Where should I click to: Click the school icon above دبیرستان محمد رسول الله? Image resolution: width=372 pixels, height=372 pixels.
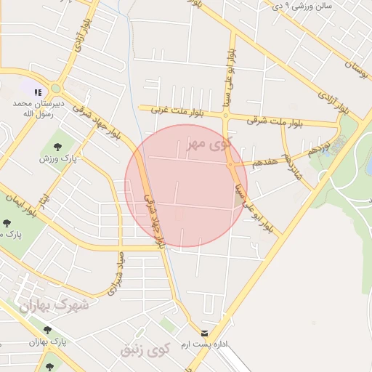tap(38, 92)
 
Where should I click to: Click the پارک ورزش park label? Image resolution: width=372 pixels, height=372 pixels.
tap(57, 158)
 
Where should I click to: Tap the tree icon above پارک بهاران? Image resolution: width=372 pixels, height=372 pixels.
tap(48, 330)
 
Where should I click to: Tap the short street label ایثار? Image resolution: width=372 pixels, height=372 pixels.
tap(46, 198)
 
